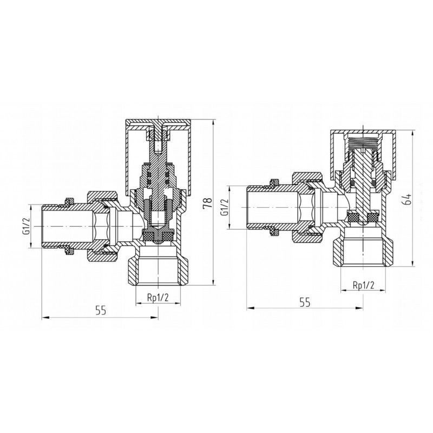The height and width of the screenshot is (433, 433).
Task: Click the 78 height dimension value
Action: coord(208,203)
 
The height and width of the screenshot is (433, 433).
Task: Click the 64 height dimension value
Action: coord(408,199)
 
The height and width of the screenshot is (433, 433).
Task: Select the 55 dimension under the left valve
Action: coord(101,311)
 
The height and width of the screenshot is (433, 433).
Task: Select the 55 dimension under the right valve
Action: coord(305,303)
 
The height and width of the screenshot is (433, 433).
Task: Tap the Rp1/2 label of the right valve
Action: coord(363,285)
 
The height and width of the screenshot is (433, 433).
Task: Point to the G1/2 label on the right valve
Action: coord(225,207)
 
